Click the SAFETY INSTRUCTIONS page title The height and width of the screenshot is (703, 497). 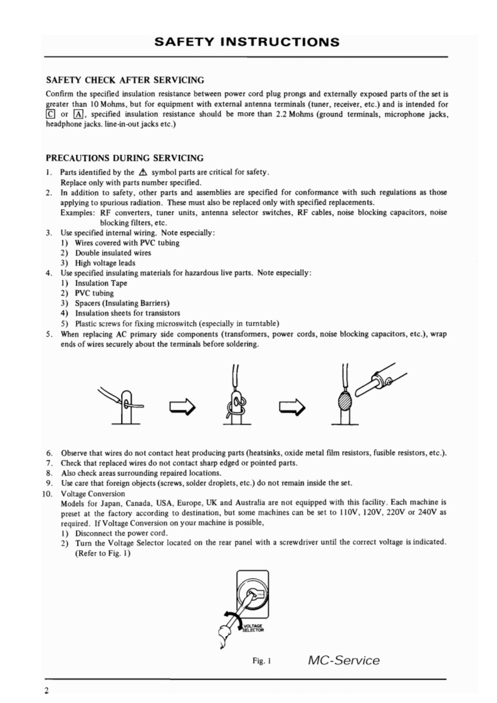248,43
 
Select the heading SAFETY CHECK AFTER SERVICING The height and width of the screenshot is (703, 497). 125,80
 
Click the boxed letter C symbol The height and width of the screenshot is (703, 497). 51,113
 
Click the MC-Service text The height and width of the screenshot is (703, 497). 344,660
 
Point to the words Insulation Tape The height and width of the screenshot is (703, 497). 96,283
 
